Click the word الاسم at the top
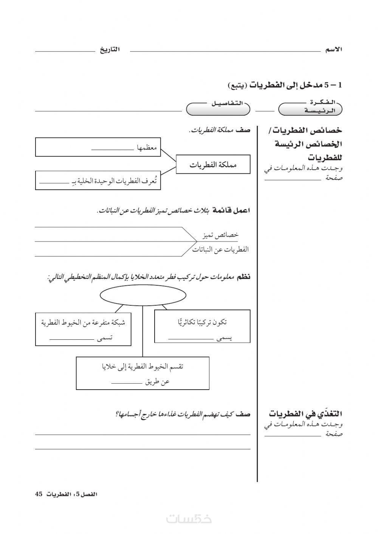click(333, 50)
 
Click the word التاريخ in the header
click(110, 50)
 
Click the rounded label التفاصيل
click(218, 108)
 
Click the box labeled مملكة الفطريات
click(213, 164)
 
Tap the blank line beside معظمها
click(113, 150)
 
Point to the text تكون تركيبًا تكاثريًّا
click(203, 322)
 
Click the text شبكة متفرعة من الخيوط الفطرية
click(83, 322)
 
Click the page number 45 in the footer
click(38, 494)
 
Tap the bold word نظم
click(243, 277)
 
